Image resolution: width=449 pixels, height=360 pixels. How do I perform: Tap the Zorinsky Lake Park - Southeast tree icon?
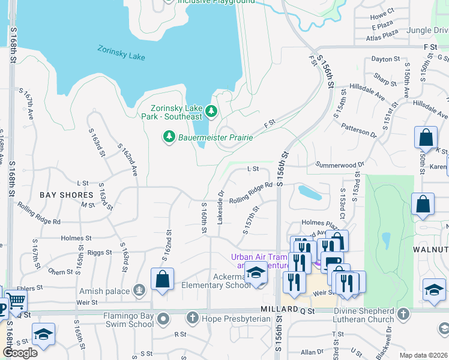[211, 110]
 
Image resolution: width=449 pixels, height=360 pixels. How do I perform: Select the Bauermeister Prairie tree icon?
[169, 137]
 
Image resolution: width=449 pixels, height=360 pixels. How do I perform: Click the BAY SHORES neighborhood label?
[67, 195]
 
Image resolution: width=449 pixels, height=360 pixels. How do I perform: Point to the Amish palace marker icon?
[139, 292]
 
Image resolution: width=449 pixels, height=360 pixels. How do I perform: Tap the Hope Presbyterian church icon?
[193, 317]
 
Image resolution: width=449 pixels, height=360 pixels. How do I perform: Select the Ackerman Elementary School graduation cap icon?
[256, 274]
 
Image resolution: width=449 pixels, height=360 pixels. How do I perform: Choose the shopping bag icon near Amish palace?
[163, 280]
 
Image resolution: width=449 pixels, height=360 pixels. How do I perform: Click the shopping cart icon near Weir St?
[16, 299]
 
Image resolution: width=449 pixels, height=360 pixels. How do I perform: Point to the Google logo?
[20, 353]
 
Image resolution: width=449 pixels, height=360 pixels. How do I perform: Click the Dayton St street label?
[385, 59]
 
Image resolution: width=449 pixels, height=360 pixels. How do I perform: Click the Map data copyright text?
[424, 355]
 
